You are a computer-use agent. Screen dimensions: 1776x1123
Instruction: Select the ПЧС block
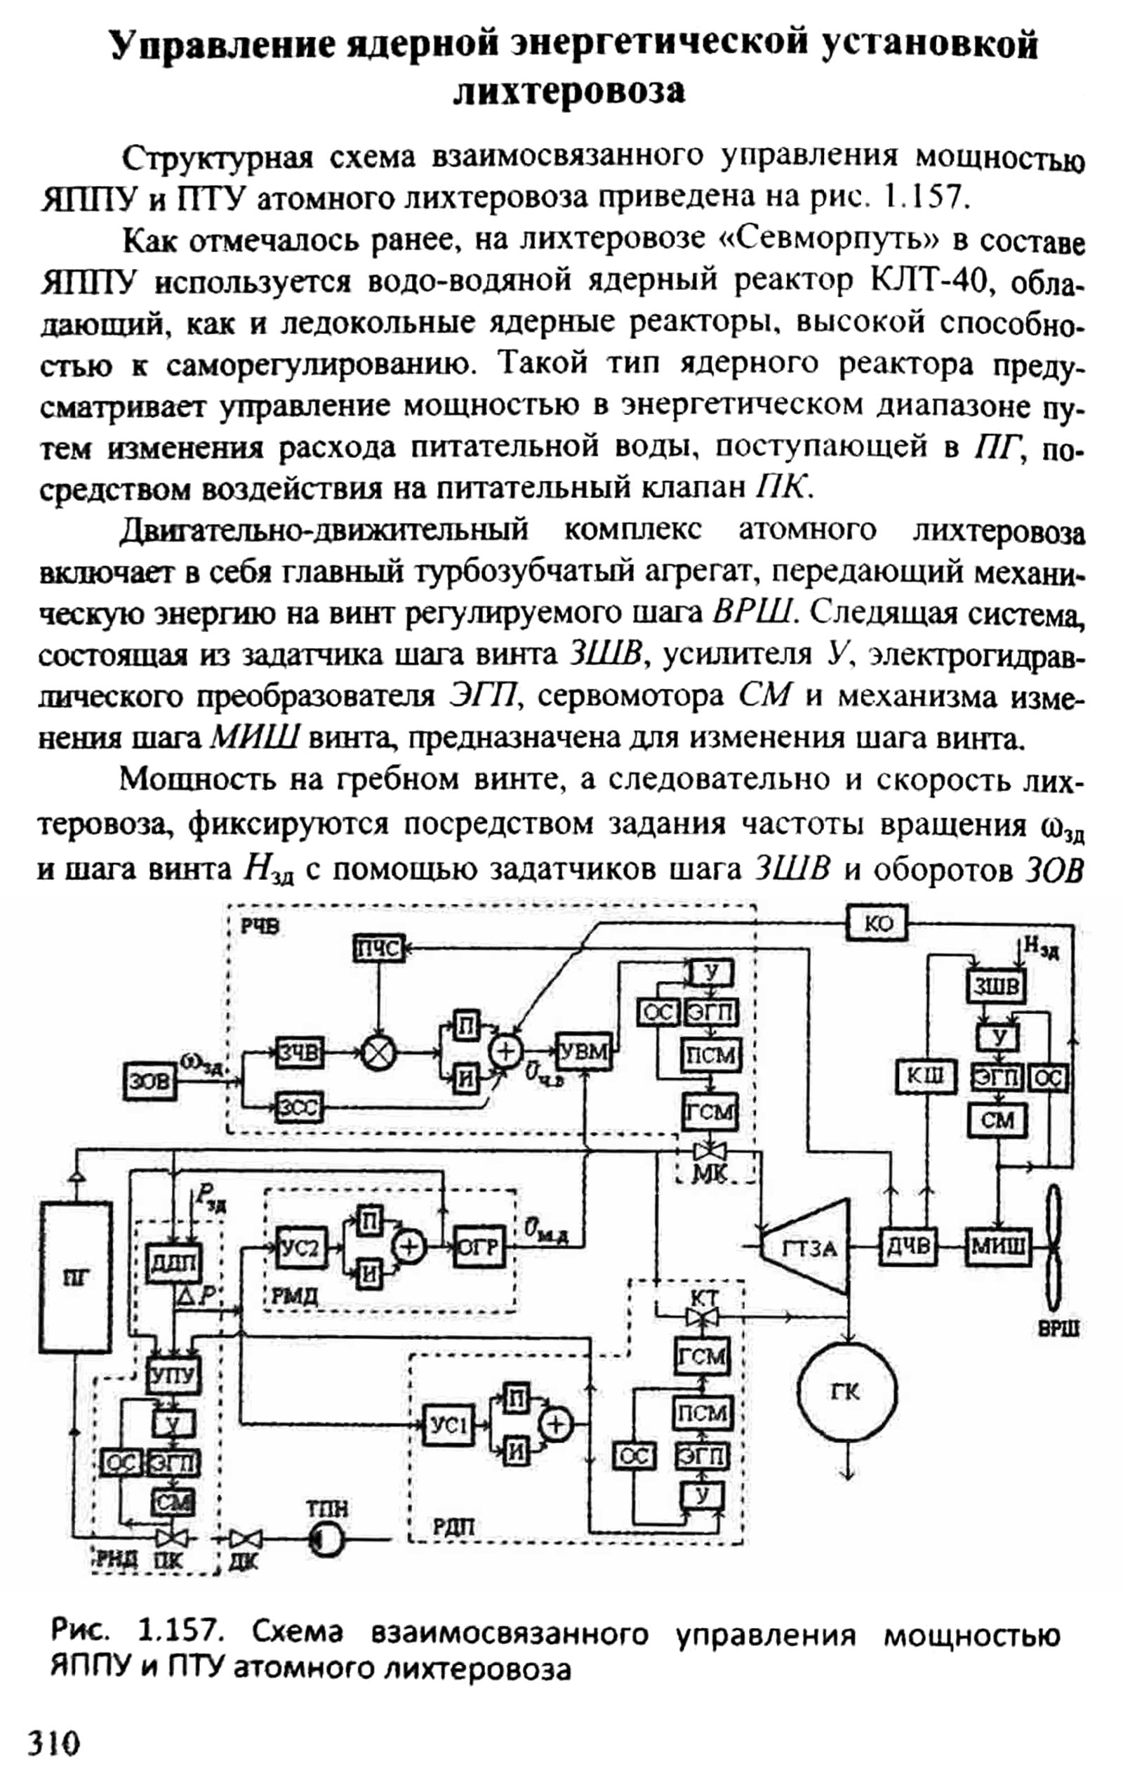pos(378,951)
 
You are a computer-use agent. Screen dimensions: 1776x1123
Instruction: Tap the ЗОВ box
pos(149,1081)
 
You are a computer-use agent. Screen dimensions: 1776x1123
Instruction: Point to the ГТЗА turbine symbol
pos(806,1248)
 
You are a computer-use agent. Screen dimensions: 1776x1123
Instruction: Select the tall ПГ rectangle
pos(76,1278)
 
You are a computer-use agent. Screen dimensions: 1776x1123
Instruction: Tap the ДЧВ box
pos(908,1248)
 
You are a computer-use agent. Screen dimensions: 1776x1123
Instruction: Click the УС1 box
pos(447,1425)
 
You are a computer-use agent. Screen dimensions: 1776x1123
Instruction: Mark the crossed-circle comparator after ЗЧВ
pos(378,1053)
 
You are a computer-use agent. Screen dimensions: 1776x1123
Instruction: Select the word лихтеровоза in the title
pos(569,92)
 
